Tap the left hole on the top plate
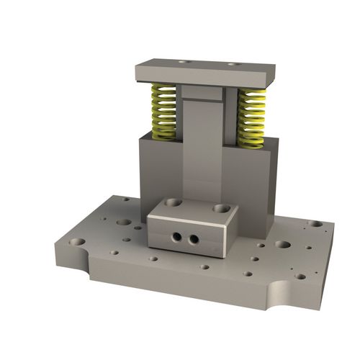[x=181, y=63]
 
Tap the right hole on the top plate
[x=233, y=64]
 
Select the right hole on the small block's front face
[x=193, y=238]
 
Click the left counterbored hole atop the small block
[x=171, y=203]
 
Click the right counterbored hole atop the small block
[x=220, y=208]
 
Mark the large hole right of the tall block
[x=283, y=244]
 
